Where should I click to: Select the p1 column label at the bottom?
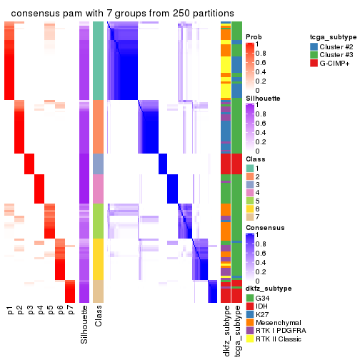(10, 312)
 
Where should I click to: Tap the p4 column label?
(40, 312)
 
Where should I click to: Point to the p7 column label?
(70, 312)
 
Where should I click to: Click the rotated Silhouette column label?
(85, 324)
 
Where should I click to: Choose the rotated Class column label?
(99, 317)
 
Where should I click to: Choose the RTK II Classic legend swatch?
(249, 340)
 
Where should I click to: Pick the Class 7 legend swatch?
(249, 216)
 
